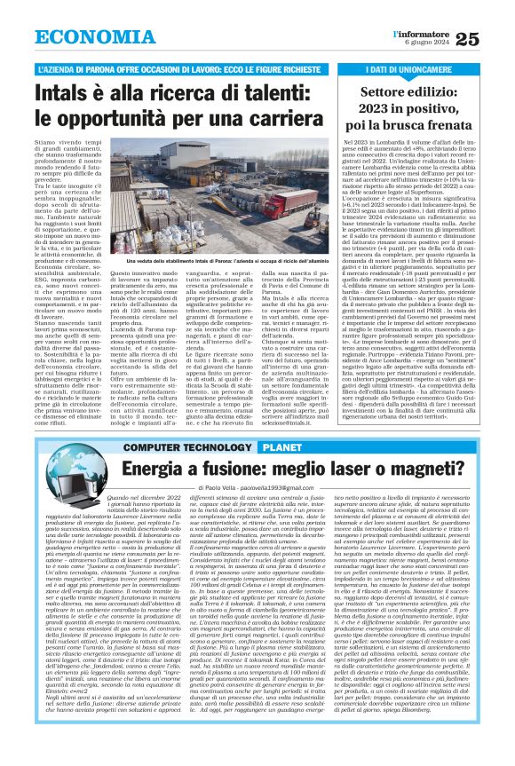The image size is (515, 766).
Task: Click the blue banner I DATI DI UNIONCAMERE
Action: [414, 68]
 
